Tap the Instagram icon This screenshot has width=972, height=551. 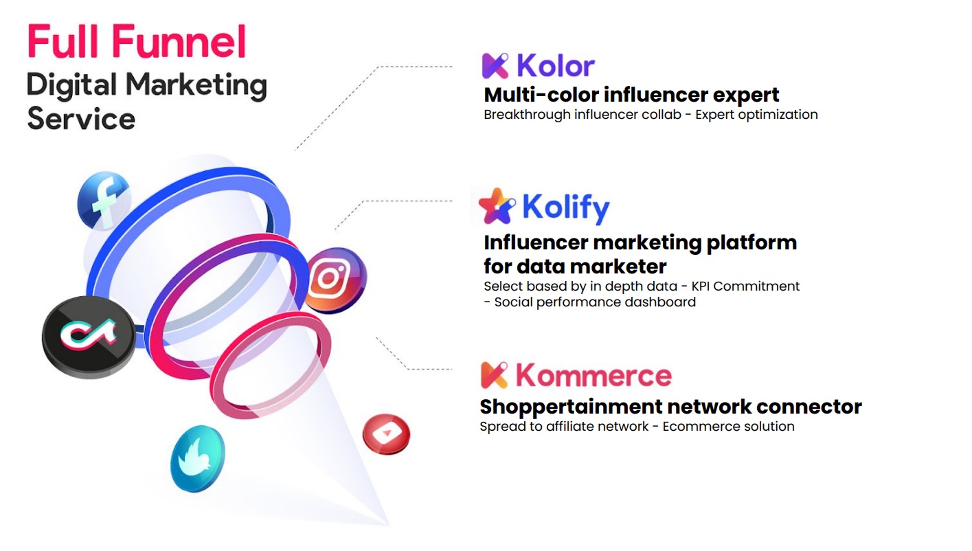[x=335, y=280]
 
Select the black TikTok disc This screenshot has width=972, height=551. [x=89, y=336]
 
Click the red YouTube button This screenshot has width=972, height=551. [x=386, y=434]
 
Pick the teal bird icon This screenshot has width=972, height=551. [x=198, y=458]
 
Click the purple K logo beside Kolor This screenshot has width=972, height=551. [x=495, y=66]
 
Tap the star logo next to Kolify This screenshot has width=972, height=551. [x=497, y=206]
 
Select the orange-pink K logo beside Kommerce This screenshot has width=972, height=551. [x=495, y=375]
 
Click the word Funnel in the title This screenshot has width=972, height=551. [x=179, y=41]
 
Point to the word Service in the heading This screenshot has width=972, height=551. [x=81, y=118]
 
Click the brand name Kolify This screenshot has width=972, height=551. [x=566, y=207]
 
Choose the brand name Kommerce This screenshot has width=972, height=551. [x=594, y=375]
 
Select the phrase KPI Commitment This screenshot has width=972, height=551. [x=745, y=286]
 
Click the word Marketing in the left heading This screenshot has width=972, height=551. [x=196, y=85]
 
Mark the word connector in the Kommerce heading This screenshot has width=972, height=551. [x=809, y=407]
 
